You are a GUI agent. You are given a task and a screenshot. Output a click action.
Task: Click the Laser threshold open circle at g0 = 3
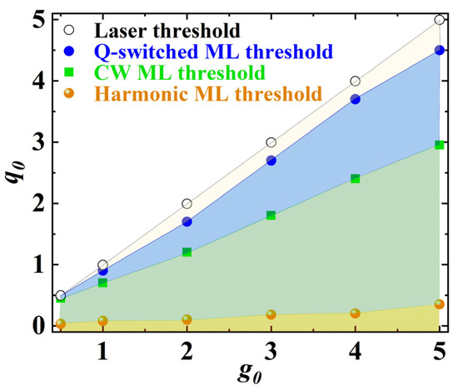pos(271,142)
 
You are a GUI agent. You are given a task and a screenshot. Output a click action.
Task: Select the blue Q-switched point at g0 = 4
pos(356,99)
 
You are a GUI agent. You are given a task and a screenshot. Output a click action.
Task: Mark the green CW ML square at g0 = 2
pos(187,251)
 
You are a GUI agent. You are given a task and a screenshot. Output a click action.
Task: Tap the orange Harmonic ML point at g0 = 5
pos(440,304)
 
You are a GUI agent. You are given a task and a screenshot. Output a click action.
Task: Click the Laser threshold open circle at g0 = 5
pos(440,20)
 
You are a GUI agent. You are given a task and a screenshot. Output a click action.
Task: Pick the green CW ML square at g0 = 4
pos(356,178)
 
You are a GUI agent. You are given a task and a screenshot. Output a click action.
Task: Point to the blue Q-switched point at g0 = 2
pos(187,222)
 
